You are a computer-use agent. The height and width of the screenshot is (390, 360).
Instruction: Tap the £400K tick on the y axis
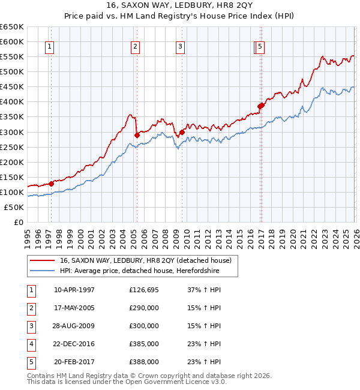12,102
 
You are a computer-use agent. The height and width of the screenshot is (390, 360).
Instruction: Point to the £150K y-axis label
12,177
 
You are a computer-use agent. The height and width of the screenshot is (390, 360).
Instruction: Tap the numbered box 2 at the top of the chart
136,46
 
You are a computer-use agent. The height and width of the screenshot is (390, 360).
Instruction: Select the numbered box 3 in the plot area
180,46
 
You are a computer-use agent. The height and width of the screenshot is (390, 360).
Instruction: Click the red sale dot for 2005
137,135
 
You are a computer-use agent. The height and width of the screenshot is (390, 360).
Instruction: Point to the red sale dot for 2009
182,132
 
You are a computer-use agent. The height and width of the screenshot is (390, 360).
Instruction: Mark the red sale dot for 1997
51,184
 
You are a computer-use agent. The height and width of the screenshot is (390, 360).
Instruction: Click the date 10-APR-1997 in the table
74,290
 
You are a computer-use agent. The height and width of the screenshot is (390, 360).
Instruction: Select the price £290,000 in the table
144,308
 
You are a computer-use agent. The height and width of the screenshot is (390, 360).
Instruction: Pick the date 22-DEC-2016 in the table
74,344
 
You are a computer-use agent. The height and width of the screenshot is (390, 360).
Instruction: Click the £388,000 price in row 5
144,362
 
